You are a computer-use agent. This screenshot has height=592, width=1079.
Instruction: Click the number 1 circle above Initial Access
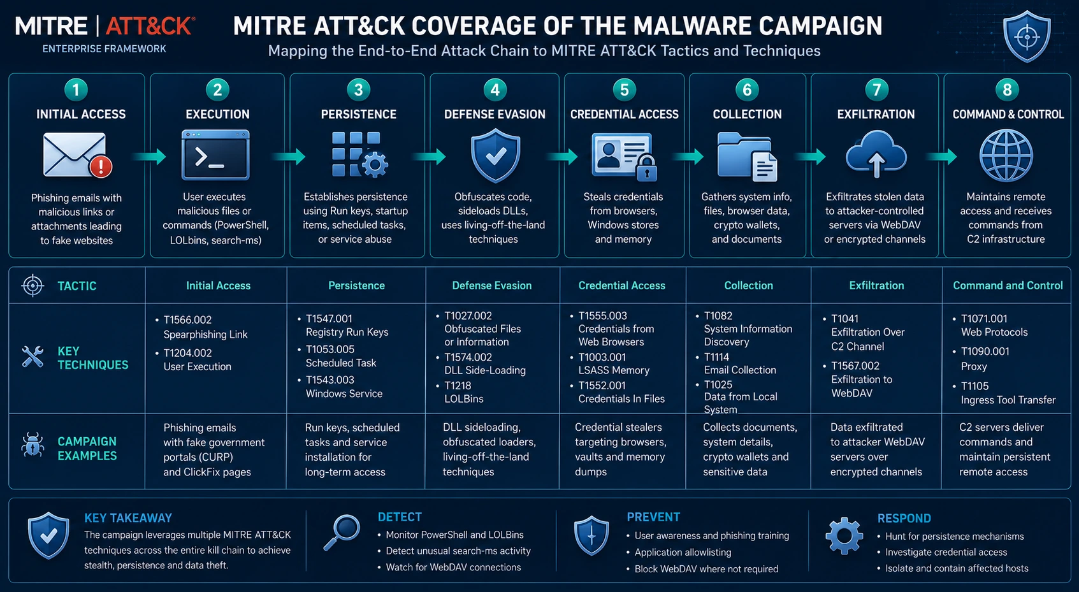pos(76,90)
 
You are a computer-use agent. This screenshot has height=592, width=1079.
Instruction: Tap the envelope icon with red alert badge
pos(78,155)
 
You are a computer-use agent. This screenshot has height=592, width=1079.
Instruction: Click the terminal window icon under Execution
pos(215,155)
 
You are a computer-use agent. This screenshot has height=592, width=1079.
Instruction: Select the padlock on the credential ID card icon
pos(646,169)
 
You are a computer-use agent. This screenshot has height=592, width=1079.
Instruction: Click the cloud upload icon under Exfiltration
pos(876,154)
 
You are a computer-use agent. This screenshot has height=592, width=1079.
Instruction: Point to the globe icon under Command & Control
pos(1006,155)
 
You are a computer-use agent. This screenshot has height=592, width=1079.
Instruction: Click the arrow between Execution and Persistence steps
pos(289,156)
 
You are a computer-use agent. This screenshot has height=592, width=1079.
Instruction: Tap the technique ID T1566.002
pos(187,320)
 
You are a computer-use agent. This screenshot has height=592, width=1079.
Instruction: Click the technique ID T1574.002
pos(468,357)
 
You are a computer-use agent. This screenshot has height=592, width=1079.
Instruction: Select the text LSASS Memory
pos(614,370)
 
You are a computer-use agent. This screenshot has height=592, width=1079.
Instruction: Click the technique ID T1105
pos(974,386)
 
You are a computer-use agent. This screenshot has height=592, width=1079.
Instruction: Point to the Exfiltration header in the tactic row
pos(876,285)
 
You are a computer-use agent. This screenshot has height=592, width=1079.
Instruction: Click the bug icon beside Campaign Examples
pos(33,444)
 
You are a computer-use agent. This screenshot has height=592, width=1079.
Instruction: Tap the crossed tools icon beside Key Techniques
pos(33,357)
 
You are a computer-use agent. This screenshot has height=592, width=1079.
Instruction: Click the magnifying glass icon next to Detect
pos(342,532)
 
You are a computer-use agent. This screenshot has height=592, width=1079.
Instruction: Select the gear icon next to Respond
pos(844,536)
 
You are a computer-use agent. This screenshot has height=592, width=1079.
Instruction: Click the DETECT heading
pos(400,517)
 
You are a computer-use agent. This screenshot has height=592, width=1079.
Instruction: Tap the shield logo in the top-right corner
pos(1027,36)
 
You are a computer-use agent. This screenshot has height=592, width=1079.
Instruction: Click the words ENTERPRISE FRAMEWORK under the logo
pos(104,49)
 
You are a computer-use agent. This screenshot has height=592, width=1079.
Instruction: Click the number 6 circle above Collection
pos(746,90)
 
